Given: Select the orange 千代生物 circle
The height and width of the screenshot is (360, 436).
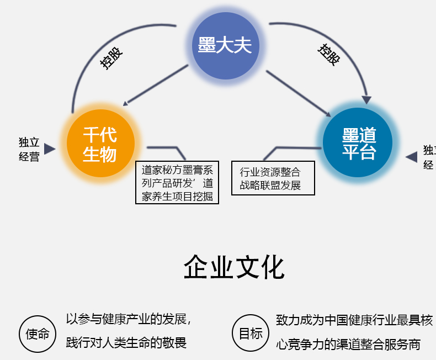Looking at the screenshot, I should (x=100, y=144).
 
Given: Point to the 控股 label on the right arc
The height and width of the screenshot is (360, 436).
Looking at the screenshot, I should (x=329, y=54).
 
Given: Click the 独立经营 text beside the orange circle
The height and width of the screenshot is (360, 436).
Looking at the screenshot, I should (x=29, y=149).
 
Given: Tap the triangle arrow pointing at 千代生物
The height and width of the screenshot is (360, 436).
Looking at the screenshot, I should (x=50, y=149).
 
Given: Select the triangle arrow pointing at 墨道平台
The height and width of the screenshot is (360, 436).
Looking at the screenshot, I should (x=412, y=157).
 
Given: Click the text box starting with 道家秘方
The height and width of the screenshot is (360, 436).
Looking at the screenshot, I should (x=177, y=183).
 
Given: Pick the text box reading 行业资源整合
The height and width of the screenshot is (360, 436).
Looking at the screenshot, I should (x=273, y=178).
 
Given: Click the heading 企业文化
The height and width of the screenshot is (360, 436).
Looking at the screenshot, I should (x=234, y=268).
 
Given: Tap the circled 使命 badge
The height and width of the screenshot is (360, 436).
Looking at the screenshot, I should (x=38, y=333).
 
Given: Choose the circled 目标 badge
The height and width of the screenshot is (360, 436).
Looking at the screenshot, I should (x=250, y=333).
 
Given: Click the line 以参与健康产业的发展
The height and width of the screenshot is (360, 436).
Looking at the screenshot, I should (x=129, y=319).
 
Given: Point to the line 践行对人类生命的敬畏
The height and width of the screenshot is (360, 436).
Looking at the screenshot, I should (x=126, y=343).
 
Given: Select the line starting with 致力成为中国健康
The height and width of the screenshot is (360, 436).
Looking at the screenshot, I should (x=354, y=320).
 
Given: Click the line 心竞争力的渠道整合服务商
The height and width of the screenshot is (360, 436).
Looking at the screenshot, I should (x=348, y=345).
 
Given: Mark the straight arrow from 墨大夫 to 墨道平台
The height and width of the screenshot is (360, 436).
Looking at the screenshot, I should (x=297, y=93).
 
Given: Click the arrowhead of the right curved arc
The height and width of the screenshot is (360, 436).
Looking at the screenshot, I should (x=366, y=99).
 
